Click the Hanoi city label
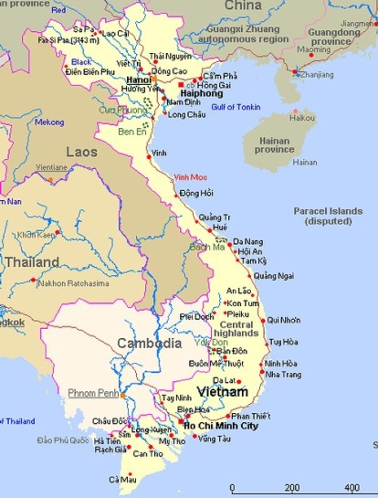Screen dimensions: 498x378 coord(138,79)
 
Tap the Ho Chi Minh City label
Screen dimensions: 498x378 coord(221,427)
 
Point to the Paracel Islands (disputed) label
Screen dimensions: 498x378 coord(334,216)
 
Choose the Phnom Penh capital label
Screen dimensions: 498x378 coord(93,393)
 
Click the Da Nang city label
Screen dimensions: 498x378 coord(247,241)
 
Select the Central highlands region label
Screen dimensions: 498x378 coord(236,331)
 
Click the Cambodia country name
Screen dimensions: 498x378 coord(149,344)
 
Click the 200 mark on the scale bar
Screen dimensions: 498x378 coord(291,488)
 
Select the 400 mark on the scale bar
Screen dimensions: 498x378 coord(352,488)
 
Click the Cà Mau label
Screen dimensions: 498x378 coord(122,480)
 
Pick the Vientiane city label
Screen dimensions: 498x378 coord(51,168)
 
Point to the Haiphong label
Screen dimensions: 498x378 coord(201,93)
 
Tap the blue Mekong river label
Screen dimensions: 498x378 coord(49,122)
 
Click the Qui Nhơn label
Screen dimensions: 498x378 coord(284,321)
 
